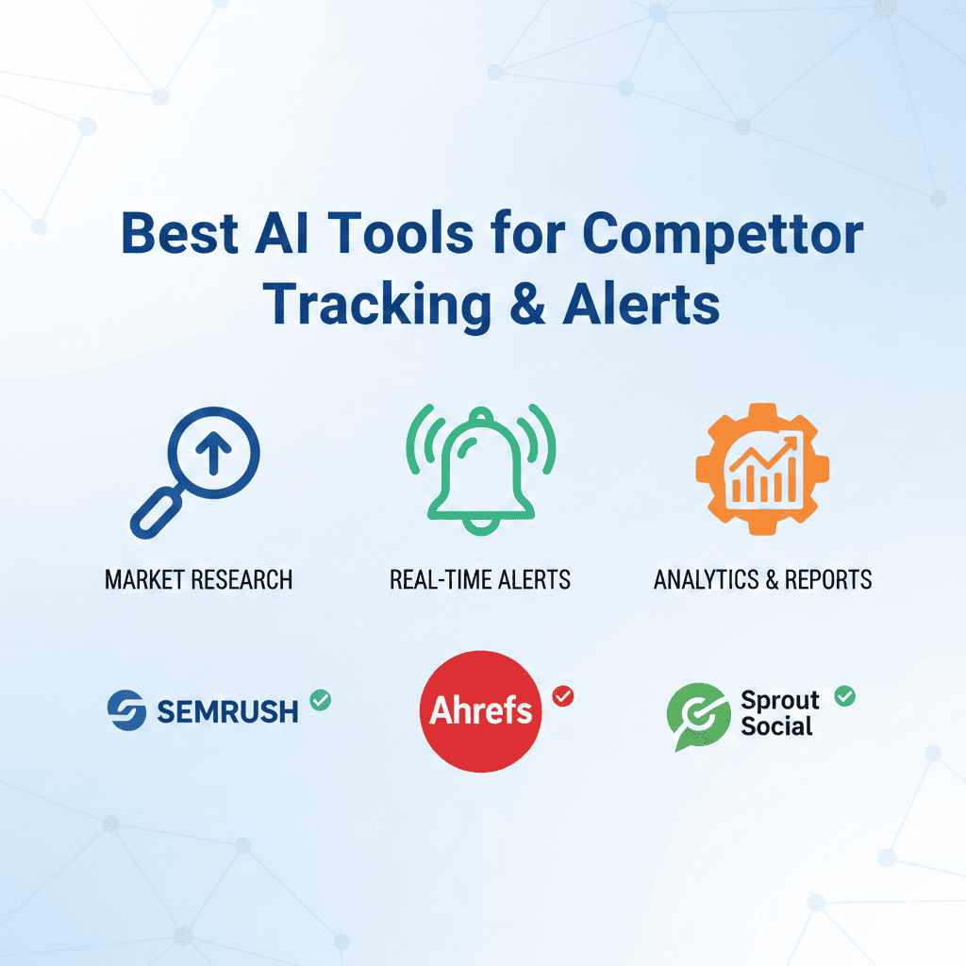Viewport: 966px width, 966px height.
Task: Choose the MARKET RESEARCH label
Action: tap(198, 579)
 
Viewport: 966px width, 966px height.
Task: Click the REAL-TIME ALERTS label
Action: tap(480, 579)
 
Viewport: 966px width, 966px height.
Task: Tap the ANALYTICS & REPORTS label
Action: tap(762, 579)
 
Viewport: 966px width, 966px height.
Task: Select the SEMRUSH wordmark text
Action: tap(227, 710)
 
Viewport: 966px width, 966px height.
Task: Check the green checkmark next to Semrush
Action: tap(321, 700)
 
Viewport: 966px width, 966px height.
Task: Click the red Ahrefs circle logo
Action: tap(481, 710)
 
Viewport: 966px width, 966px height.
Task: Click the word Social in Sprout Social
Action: tap(776, 725)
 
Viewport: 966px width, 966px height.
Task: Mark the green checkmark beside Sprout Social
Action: tap(845, 696)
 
